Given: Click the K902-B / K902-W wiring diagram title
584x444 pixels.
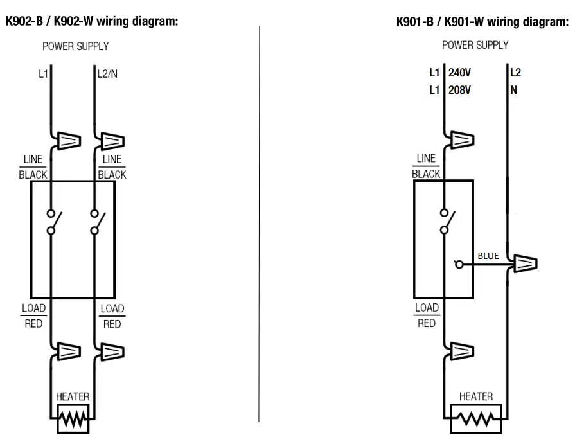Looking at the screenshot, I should [x=91, y=21].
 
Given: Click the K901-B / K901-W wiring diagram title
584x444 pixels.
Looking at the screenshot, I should [x=483, y=22].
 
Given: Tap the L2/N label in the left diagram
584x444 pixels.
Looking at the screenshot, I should [x=107, y=74].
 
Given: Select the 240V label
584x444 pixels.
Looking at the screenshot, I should [x=459, y=73].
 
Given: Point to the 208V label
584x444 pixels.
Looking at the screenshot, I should [x=459, y=90].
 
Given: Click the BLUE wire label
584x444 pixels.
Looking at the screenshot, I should [x=488, y=256].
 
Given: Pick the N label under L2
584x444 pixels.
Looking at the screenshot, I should [x=513, y=90].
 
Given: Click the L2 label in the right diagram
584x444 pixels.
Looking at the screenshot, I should [x=515, y=73].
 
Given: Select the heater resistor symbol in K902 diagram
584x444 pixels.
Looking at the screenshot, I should [x=73, y=421].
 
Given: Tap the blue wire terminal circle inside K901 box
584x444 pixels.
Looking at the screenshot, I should [x=457, y=263].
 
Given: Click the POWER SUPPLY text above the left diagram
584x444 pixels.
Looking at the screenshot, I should [x=75, y=46].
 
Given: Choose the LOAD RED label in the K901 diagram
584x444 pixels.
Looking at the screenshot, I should [x=427, y=315].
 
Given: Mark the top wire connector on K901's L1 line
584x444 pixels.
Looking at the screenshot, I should [x=461, y=139].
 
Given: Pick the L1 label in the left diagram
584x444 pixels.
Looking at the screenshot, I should [x=43, y=74].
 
